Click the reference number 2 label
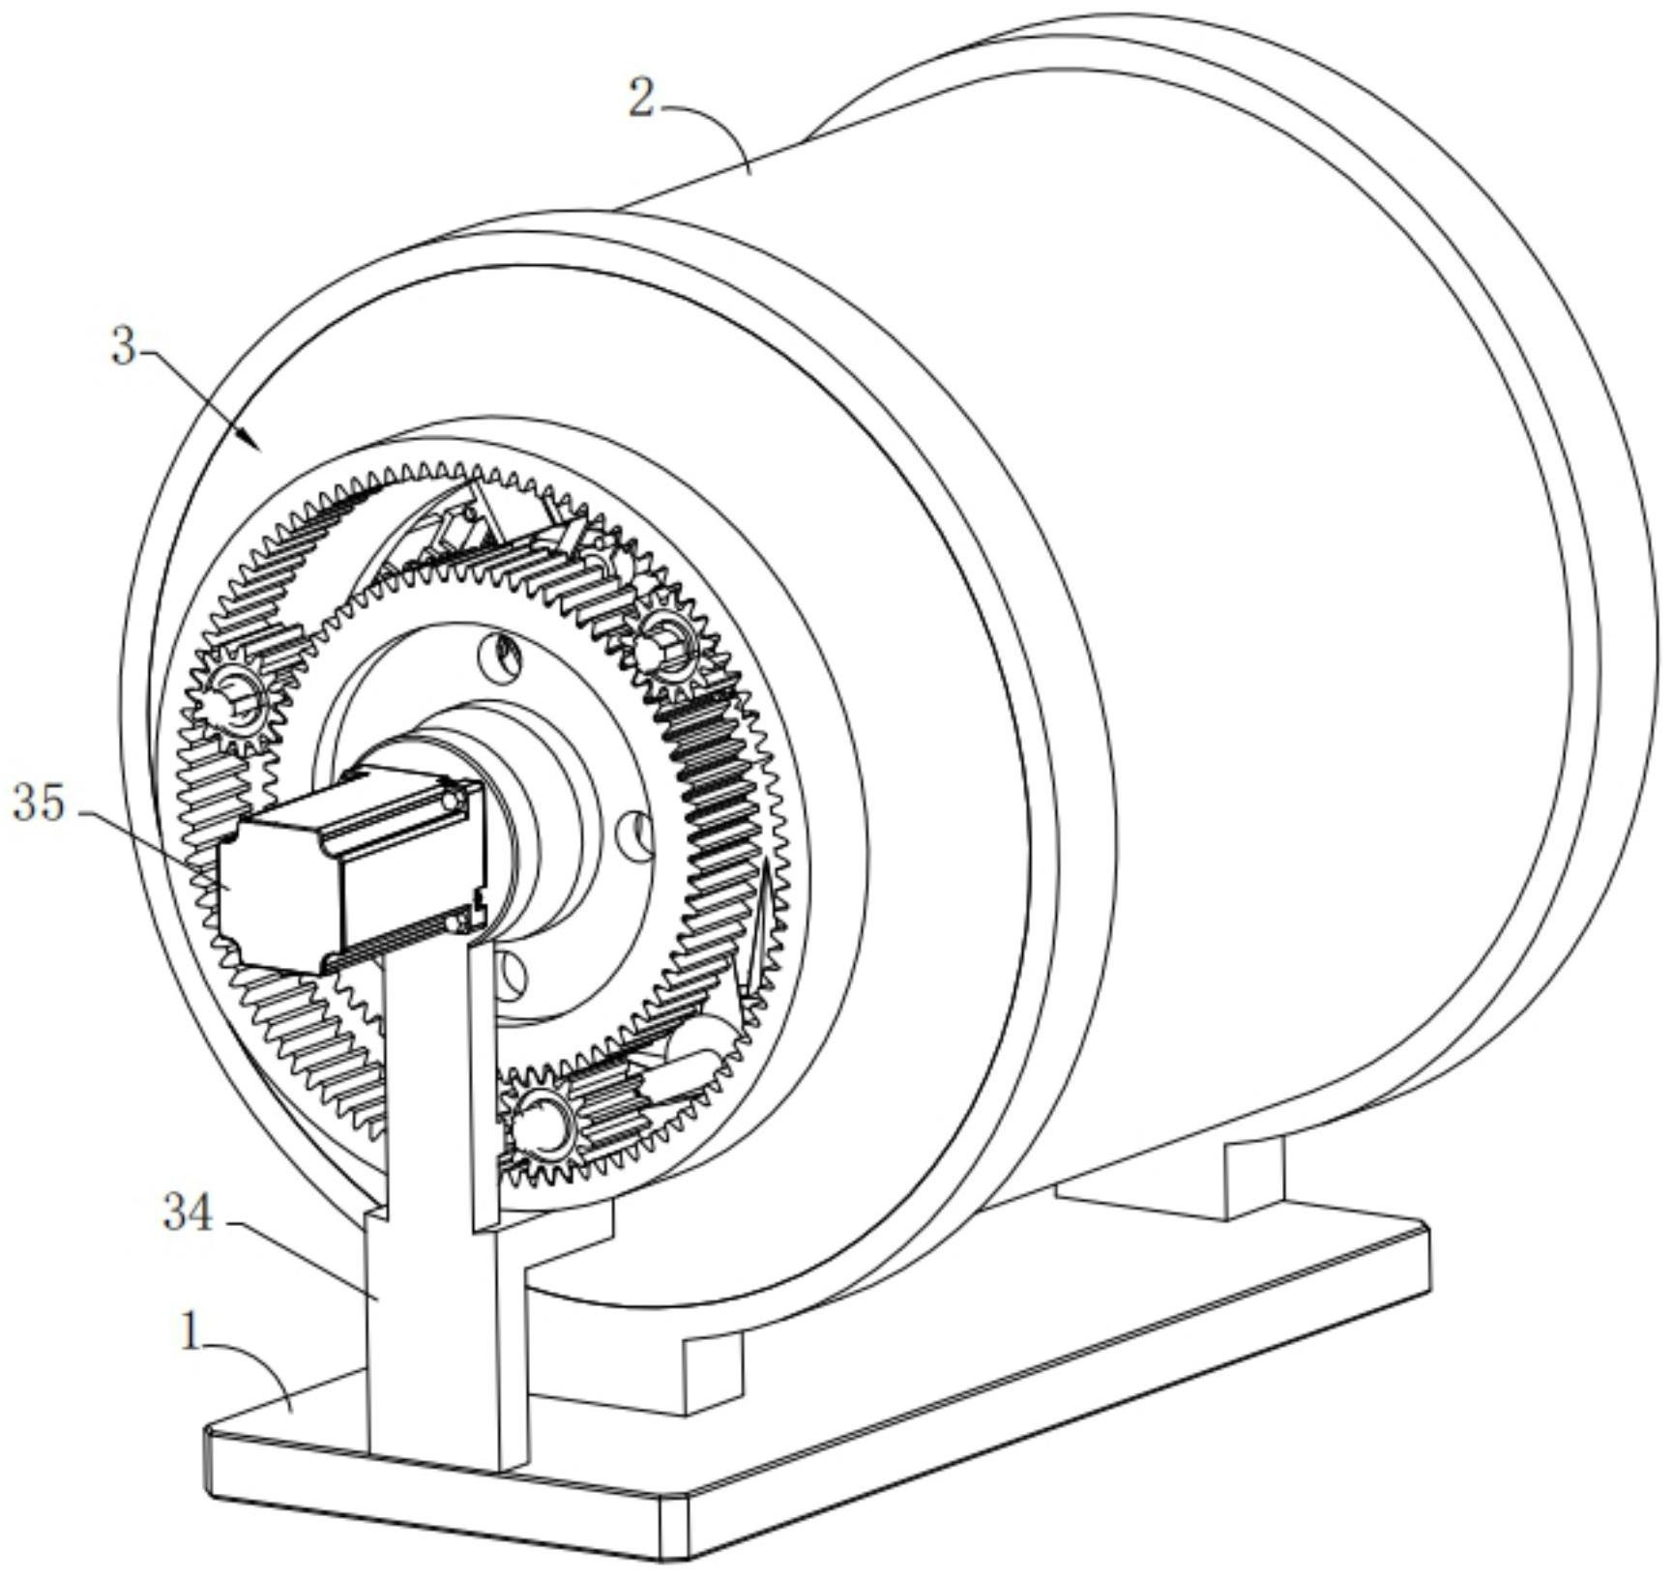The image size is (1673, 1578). [641, 99]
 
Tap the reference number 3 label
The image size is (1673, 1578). [124, 345]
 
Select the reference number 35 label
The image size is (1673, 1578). [39, 803]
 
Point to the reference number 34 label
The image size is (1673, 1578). [188, 1213]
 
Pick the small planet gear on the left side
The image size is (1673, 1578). [234, 700]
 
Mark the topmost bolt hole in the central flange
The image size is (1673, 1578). [507, 658]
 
